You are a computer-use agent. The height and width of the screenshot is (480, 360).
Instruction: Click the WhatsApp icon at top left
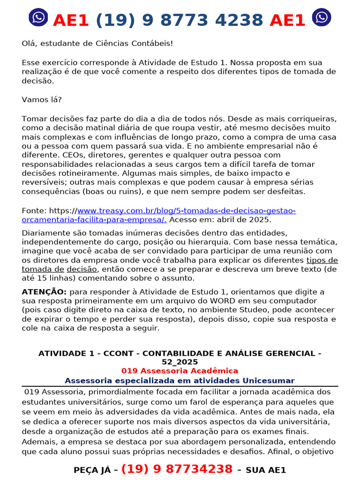pos(38,17)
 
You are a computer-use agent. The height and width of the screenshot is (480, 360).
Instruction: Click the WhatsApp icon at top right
pos(322,17)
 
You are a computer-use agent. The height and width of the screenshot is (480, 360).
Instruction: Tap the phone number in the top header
pos(180,20)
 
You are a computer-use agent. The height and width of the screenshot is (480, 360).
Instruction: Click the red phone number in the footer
pos(177,469)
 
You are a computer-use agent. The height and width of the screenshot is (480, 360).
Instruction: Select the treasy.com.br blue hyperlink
pos(187,211)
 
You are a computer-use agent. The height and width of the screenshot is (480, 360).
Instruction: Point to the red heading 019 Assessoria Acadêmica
pos(180,371)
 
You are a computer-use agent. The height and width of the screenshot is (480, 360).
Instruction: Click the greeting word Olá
pos(29,43)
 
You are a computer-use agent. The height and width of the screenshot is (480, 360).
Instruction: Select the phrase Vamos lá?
pos(41,99)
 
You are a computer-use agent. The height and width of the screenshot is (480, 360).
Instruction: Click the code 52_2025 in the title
pos(180,362)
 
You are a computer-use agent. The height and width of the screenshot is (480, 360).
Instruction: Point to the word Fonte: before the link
pos(34,211)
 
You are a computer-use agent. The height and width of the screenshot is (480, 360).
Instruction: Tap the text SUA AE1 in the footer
pos(266,470)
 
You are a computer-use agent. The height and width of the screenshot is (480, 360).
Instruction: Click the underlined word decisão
pos(82,269)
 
